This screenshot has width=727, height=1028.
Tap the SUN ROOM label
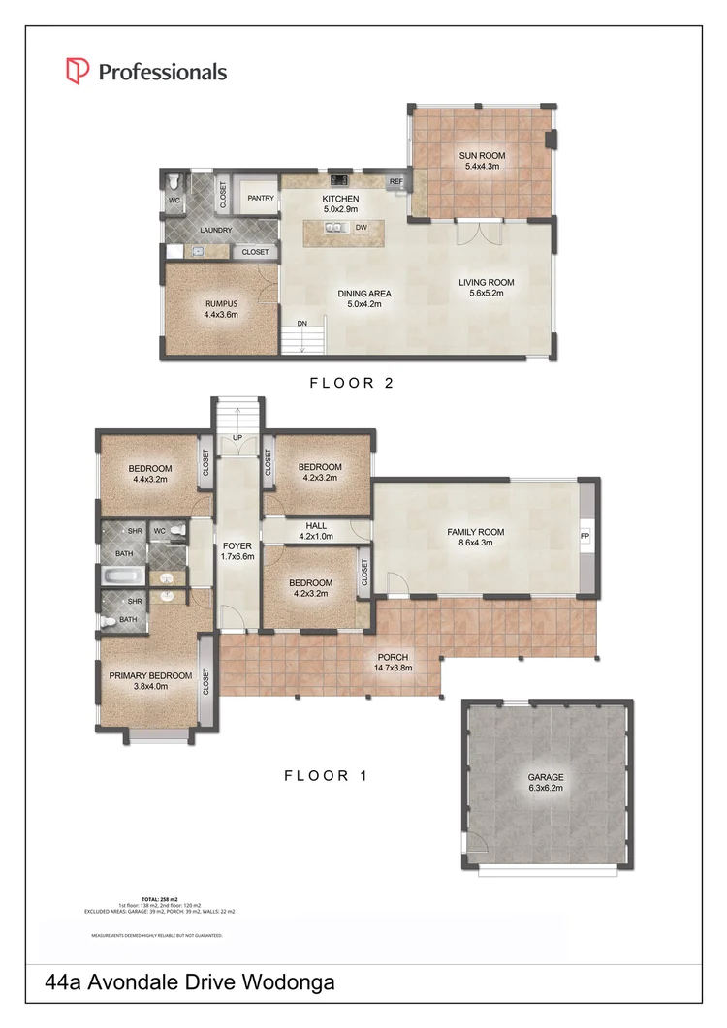tap(482, 155)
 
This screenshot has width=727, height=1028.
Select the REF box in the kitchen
tap(396, 181)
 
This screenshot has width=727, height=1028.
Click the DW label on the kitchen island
tap(361, 229)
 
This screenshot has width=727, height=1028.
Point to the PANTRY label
tap(260, 198)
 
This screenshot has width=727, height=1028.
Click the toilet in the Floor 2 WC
tap(173, 182)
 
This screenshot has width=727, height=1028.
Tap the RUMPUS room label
tap(221, 303)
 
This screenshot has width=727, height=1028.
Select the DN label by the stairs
tap(302, 324)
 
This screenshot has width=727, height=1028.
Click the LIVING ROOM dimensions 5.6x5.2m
tap(487, 294)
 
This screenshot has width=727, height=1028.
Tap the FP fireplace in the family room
tap(585, 536)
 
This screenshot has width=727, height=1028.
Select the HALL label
tap(316, 526)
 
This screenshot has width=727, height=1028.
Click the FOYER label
tap(237, 545)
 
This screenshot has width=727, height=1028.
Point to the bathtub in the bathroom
tap(122, 578)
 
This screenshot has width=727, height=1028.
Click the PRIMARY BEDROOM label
tap(150, 675)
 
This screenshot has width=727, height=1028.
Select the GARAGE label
tap(546, 777)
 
